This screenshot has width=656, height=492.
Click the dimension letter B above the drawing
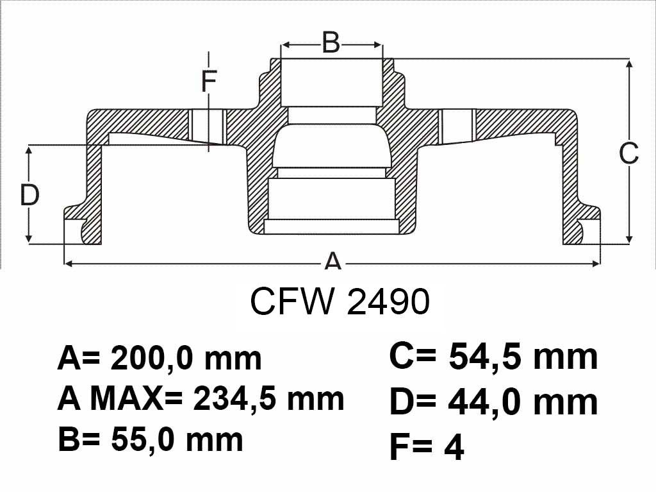click(x=331, y=42)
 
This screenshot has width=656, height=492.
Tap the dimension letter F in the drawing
click(x=209, y=81)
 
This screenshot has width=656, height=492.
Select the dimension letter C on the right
click(x=629, y=153)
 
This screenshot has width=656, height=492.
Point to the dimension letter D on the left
click(x=29, y=195)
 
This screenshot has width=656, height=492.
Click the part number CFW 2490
click(x=340, y=301)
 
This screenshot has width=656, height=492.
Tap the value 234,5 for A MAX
click(x=236, y=400)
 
